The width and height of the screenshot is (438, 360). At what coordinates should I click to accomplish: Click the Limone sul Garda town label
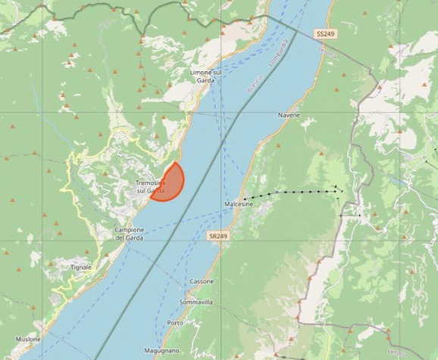[205, 76]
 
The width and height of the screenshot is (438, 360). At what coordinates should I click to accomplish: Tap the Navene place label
[289, 115]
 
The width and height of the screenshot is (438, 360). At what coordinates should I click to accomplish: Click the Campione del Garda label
[129, 233]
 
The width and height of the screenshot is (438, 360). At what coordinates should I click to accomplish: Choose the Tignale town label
[80, 267]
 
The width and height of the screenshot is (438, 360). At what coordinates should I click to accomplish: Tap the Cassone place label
[202, 281]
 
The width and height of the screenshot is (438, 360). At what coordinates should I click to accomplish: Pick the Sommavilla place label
[196, 302]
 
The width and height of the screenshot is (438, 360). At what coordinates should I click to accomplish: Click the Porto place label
[175, 323]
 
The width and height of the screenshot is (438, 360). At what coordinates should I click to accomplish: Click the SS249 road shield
[326, 35]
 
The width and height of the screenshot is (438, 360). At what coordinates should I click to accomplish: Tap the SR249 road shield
[217, 236]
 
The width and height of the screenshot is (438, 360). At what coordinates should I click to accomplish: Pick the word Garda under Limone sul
[205, 80]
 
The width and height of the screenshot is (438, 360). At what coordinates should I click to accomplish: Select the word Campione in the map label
[129, 230]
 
